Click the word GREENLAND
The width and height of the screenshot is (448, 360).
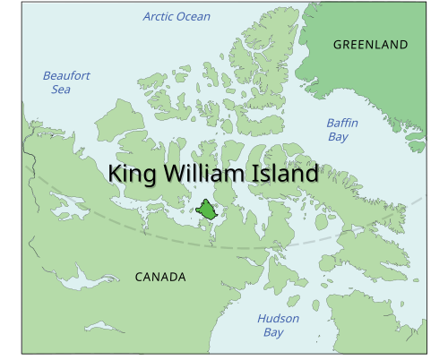pyautogui.click(x=370, y=45)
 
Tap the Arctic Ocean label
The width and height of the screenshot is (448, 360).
pyautogui.click(x=177, y=16)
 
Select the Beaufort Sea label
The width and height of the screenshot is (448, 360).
pyautogui.click(x=66, y=82)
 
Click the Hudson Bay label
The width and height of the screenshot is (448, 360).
pyautogui.click(x=278, y=325)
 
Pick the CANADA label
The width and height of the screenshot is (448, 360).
pyautogui.click(x=160, y=278)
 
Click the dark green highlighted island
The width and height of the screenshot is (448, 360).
pyautogui.click(x=208, y=211)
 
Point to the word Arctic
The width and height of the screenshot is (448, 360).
pyautogui.click(x=159, y=16)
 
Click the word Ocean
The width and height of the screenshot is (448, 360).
pyautogui.click(x=194, y=16)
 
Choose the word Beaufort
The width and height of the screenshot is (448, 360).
pyautogui.click(x=66, y=76)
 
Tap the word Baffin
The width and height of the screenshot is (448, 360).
pyautogui.click(x=342, y=124)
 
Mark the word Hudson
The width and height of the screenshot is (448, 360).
pyautogui.click(x=278, y=319)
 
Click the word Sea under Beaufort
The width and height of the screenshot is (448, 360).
pyautogui.click(x=61, y=90)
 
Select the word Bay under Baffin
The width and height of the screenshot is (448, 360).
pyautogui.click(x=337, y=137)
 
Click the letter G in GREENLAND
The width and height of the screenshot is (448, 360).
pyautogui.click(x=338, y=45)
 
